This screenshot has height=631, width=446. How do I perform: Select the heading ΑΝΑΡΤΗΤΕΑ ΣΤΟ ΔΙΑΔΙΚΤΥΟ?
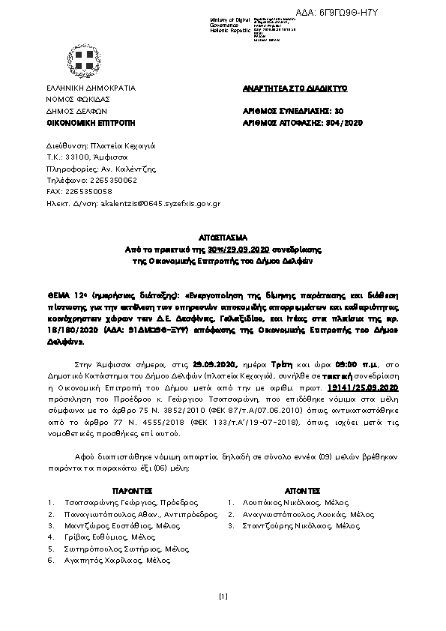pos(295,88)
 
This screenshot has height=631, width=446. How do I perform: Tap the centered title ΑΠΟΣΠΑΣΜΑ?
pos(222,235)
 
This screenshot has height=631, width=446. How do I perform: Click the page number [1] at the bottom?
pos(223,597)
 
